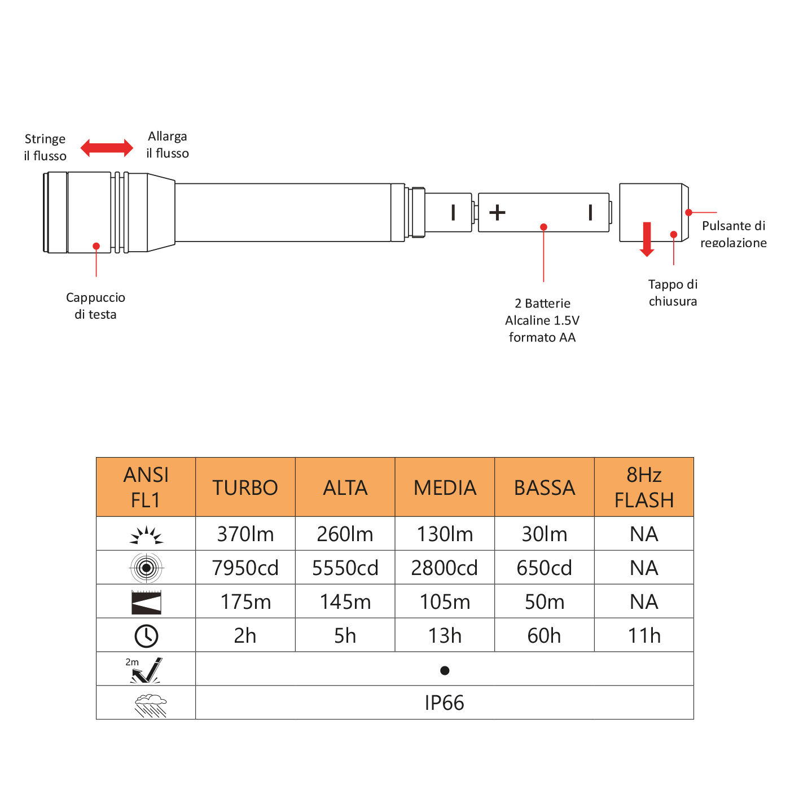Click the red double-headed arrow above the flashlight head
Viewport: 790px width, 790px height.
click(107, 148)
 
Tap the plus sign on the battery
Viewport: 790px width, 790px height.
click(497, 213)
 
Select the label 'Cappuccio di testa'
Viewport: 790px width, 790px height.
click(95, 306)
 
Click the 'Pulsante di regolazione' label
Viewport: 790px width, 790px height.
click(733, 234)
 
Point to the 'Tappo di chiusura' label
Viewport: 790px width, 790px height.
click(673, 292)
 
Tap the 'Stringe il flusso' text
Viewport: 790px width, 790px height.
click(45, 147)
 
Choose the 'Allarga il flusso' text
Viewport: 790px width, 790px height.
click(168, 145)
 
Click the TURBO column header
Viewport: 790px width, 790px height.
click(245, 488)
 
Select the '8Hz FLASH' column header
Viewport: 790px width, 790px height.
click(644, 488)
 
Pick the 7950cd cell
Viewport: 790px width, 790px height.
click(245, 568)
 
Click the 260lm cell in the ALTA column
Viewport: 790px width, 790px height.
click(345, 534)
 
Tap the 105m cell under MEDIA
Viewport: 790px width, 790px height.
click(445, 602)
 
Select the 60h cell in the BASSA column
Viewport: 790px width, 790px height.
click(544, 635)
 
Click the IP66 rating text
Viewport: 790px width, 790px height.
click(444, 703)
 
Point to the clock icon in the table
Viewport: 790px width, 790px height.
click(146, 636)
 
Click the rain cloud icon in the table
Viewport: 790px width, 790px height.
click(151, 704)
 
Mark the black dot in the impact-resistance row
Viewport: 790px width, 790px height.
click(445, 670)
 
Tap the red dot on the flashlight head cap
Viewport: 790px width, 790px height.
click(96, 246)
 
